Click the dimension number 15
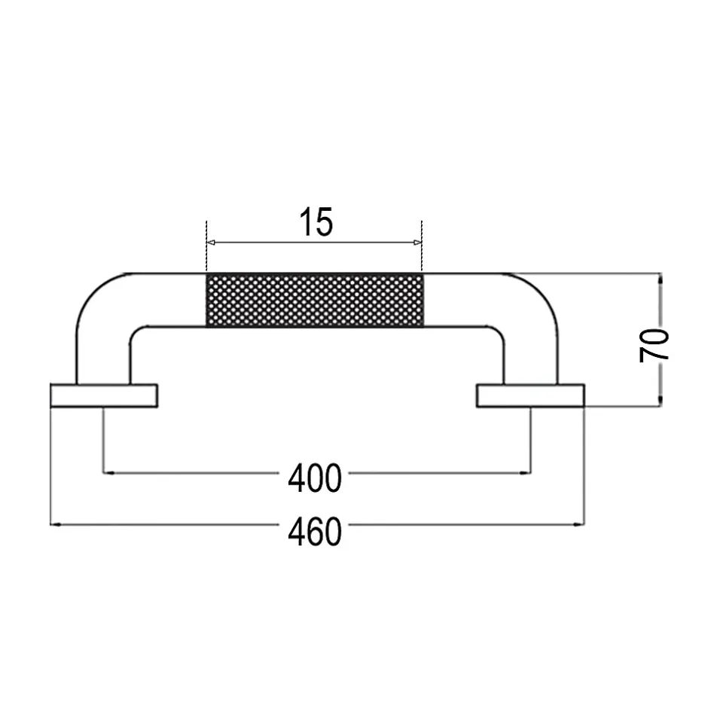click(316, 221)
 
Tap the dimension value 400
click(315, 478)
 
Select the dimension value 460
click(315, 531)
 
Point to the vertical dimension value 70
click(654, 346)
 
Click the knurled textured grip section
click(315, 300)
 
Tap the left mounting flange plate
click(104, 396)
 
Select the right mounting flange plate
click(530, 396)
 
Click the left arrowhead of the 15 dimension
click(210, 243)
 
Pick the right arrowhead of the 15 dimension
click(417, 243)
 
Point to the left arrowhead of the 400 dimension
click(108, 473)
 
